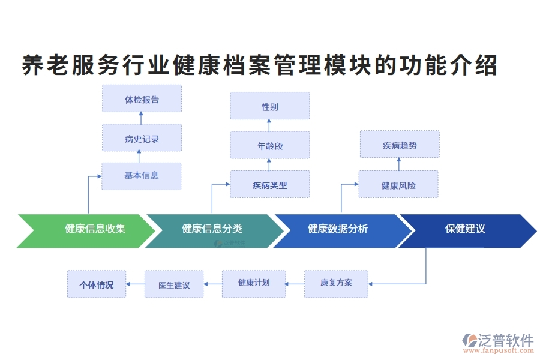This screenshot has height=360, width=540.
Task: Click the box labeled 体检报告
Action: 142,98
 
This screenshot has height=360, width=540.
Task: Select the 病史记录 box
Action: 142,138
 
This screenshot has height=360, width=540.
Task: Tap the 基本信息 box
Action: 142,176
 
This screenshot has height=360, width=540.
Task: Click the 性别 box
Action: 270,106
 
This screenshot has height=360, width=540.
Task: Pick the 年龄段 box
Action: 270,145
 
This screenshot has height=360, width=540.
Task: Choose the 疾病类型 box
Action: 270,184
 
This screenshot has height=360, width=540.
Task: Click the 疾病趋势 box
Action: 400,145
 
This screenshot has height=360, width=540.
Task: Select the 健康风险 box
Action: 398,184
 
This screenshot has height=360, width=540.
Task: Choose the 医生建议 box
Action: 174,284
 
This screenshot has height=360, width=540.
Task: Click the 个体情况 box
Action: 96,284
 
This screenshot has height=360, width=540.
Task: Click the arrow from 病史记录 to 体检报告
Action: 142,118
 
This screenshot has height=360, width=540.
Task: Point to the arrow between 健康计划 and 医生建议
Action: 213,284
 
